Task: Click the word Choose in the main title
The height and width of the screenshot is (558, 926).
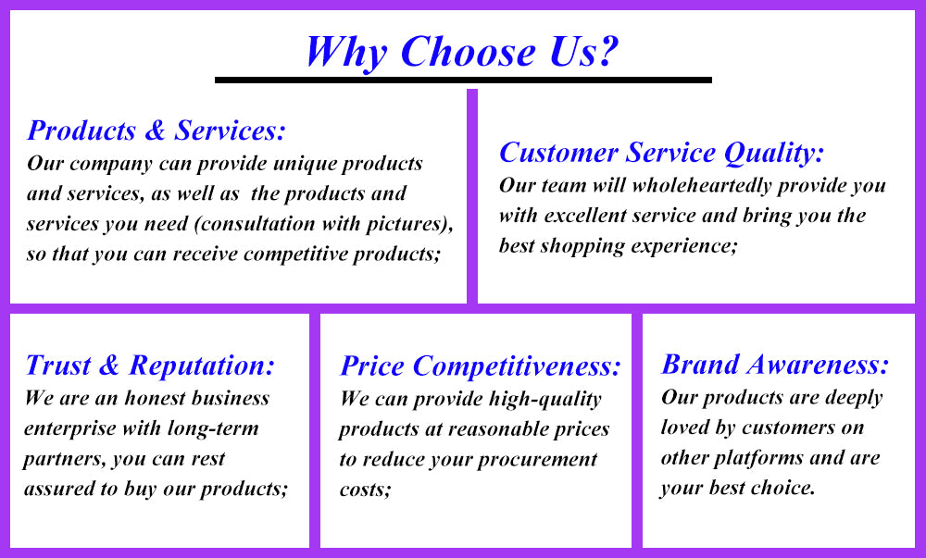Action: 469,51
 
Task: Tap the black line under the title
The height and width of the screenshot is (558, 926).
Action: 463,80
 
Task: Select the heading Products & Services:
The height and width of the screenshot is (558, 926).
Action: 156,130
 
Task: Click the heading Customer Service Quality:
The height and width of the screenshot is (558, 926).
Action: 661,153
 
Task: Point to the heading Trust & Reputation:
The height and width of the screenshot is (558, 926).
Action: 150,366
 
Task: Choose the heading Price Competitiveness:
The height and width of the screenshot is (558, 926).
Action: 481,366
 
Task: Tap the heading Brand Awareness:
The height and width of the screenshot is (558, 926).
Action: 775,365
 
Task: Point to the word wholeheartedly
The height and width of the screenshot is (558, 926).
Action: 702,186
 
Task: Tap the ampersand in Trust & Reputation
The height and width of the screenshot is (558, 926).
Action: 109,366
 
